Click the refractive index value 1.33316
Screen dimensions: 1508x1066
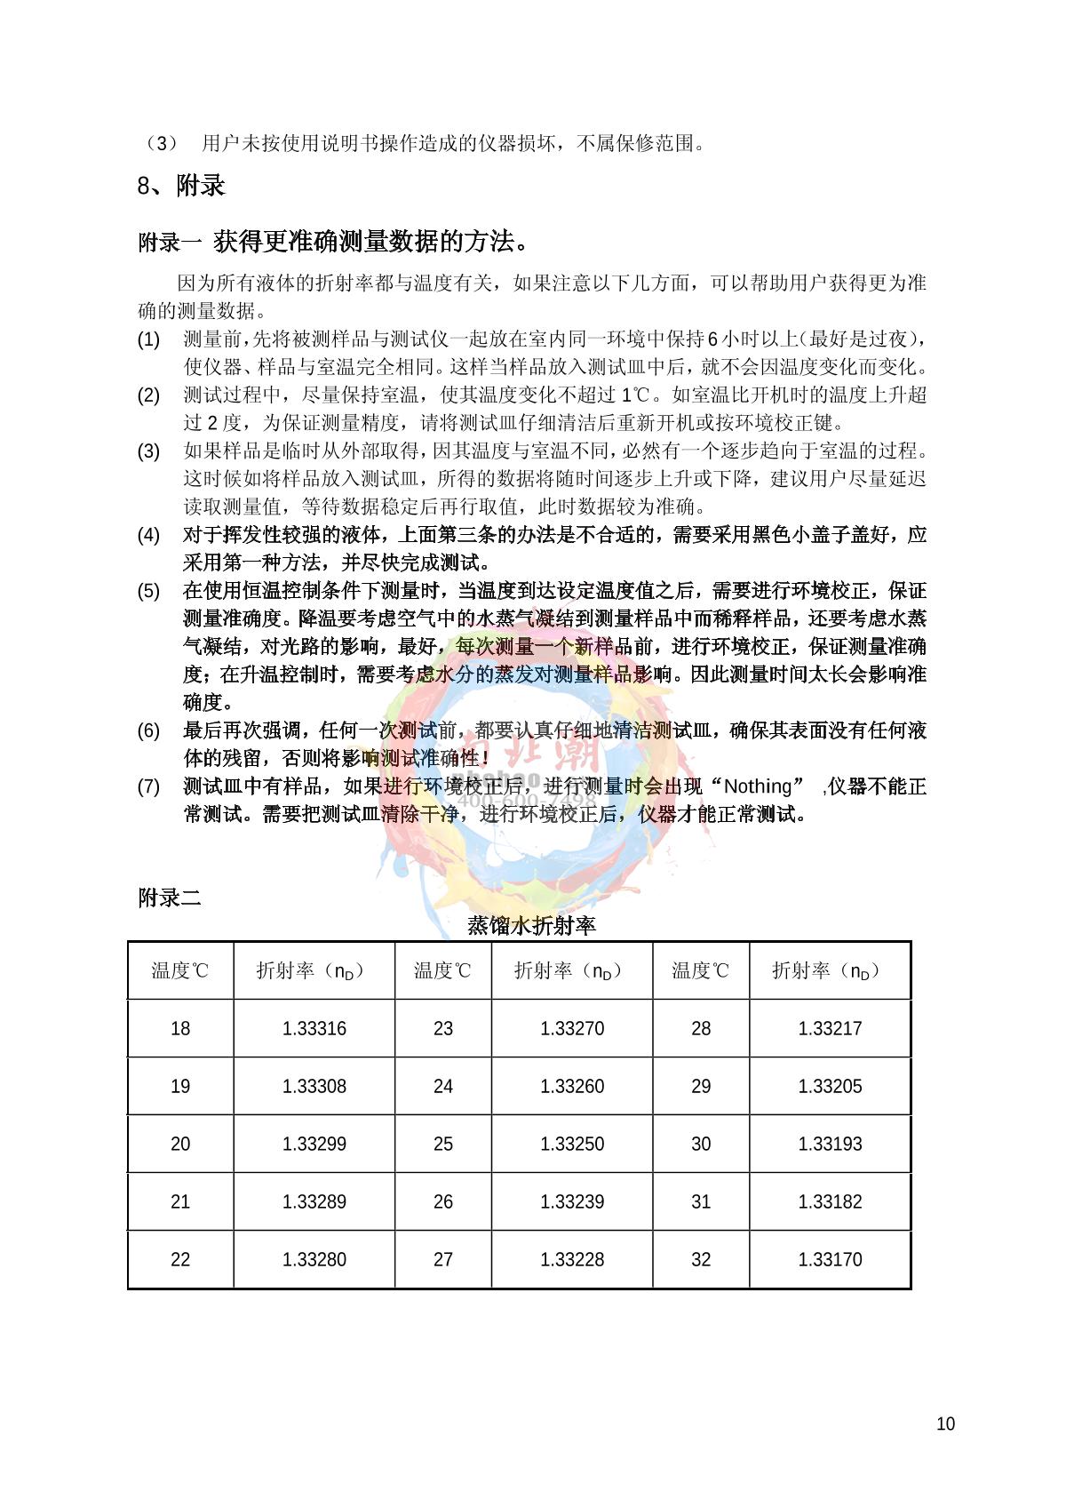tap(314, 1029)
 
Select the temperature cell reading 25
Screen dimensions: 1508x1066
tap(442, 1145)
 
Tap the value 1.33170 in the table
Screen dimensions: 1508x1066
tap(830, 1260)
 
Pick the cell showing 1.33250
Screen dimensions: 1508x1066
tap(572, 1145)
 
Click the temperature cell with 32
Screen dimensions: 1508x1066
tap(701, 1260)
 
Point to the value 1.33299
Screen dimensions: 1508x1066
tap(314, 1145)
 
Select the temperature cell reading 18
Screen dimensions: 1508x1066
tap(180, 1029)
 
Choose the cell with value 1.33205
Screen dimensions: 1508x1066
tap(830, 1087)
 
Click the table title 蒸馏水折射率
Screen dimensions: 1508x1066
tap(531, 926)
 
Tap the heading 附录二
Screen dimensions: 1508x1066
tap(170, 898)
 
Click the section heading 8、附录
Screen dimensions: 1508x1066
tap(181, 186)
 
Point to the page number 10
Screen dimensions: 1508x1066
tap(945, 1424)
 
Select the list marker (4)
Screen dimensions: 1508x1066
tap(148, 535)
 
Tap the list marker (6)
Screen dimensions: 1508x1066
tap(148, 731)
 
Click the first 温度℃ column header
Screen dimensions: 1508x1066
tap(180, 971)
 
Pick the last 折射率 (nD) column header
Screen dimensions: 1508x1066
tap(830, 971)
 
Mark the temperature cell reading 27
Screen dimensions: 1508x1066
tap(442, 1260)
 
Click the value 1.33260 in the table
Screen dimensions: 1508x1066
tap(572, 1087)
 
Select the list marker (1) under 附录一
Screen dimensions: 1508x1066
tap(148, 339)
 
